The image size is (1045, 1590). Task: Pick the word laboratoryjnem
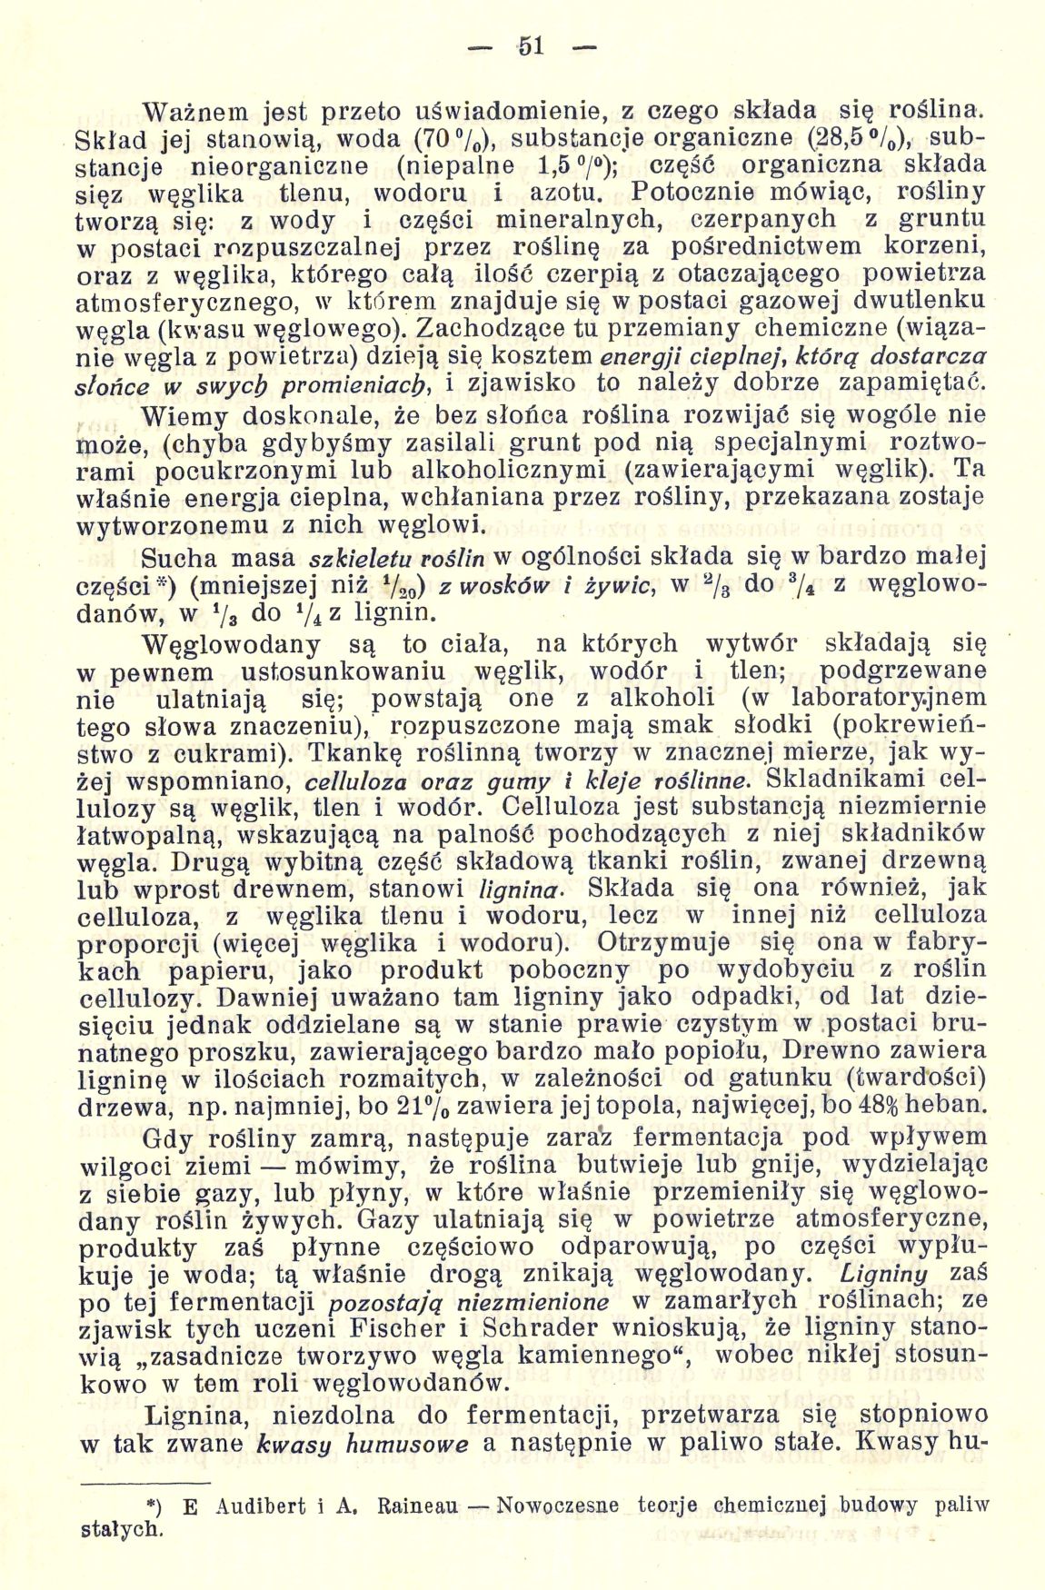click(890, 699)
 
